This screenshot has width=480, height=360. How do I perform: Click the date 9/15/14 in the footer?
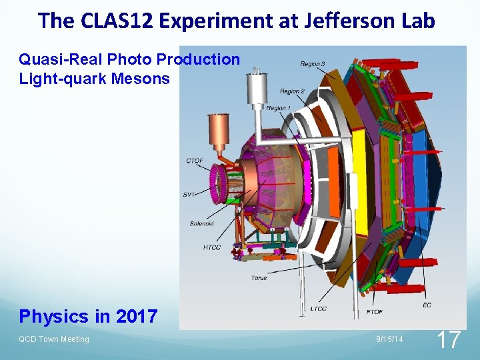(x=389, y=339)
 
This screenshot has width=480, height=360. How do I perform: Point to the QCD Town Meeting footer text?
(x=54, y=339)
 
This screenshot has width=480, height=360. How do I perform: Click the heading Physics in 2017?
(x=88, y=316)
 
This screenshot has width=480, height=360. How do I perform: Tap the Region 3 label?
(x=313, y=64)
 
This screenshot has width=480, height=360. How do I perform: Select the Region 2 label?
(x=292, y=91)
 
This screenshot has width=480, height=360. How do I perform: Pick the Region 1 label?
(x=278, y=108)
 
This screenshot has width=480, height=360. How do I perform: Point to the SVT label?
(x=189, y=194)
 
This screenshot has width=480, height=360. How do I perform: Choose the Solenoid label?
(x=201, y=224)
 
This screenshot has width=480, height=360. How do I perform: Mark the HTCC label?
(x=213, y=248)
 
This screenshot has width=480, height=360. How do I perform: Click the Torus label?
(x=259, y=277)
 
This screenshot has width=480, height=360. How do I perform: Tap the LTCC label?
(x=318, y=309)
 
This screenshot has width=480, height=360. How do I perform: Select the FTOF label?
(x=375, y=311)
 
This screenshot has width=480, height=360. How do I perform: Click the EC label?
(x=427, y=305)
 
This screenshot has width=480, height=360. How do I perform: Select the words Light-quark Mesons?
(x=94, y=79)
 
